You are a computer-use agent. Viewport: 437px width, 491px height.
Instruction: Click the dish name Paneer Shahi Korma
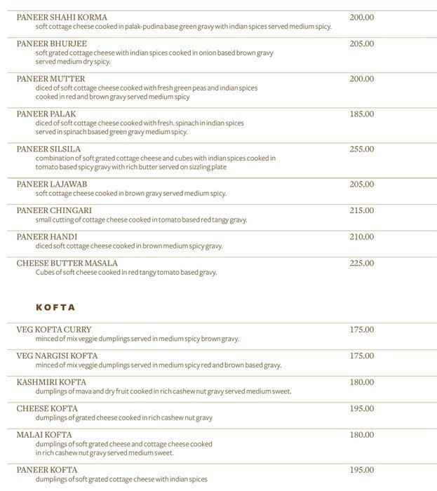pyautogui.click(x=57, y=17)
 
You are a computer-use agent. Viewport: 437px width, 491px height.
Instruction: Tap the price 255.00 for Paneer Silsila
pyautogui.click(x=361, y=149)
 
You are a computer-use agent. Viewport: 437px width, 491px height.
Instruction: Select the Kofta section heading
pyautogui.click(x=55, y=307)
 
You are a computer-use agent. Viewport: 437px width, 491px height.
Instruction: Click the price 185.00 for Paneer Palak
pyautogui.click(x=361, y=114)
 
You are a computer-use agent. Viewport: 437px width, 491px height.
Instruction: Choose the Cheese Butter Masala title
pyautogui.click(x=67, y=263)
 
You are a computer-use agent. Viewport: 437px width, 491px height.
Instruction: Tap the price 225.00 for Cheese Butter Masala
pyautogui.click(x=361, y=263)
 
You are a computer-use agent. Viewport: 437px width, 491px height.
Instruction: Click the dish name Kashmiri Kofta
pyautogui.click(x=51, y=382)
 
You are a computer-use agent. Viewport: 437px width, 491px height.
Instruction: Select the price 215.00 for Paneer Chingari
pyautogui.click(x=361, y=210)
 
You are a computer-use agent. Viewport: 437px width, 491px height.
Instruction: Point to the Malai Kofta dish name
pyautogui.click(x=43, y=435)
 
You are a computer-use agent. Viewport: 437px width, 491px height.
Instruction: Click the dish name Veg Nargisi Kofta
pyautogui.click(x=57, y=356)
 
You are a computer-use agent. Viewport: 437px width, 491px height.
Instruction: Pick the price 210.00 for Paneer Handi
pyautogui.click(x=361, y=237)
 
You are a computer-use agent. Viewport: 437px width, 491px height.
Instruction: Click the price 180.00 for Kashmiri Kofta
pyautogui.click(x=361, y=382)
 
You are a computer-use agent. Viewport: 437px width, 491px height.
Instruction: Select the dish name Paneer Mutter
pyautogui.click(x=51, y=79)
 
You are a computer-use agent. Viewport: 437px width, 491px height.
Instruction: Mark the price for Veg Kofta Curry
pyautogui.click(x=361, y=330)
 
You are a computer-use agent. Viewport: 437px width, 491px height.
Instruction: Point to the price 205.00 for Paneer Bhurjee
pyautogui.click(x=361, y=43)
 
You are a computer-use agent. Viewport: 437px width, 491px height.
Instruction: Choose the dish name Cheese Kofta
pyautogui.click(x=47, y=408)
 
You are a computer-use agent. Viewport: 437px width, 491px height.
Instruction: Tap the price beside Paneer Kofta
pyautogui.click(x=361, y=470)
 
